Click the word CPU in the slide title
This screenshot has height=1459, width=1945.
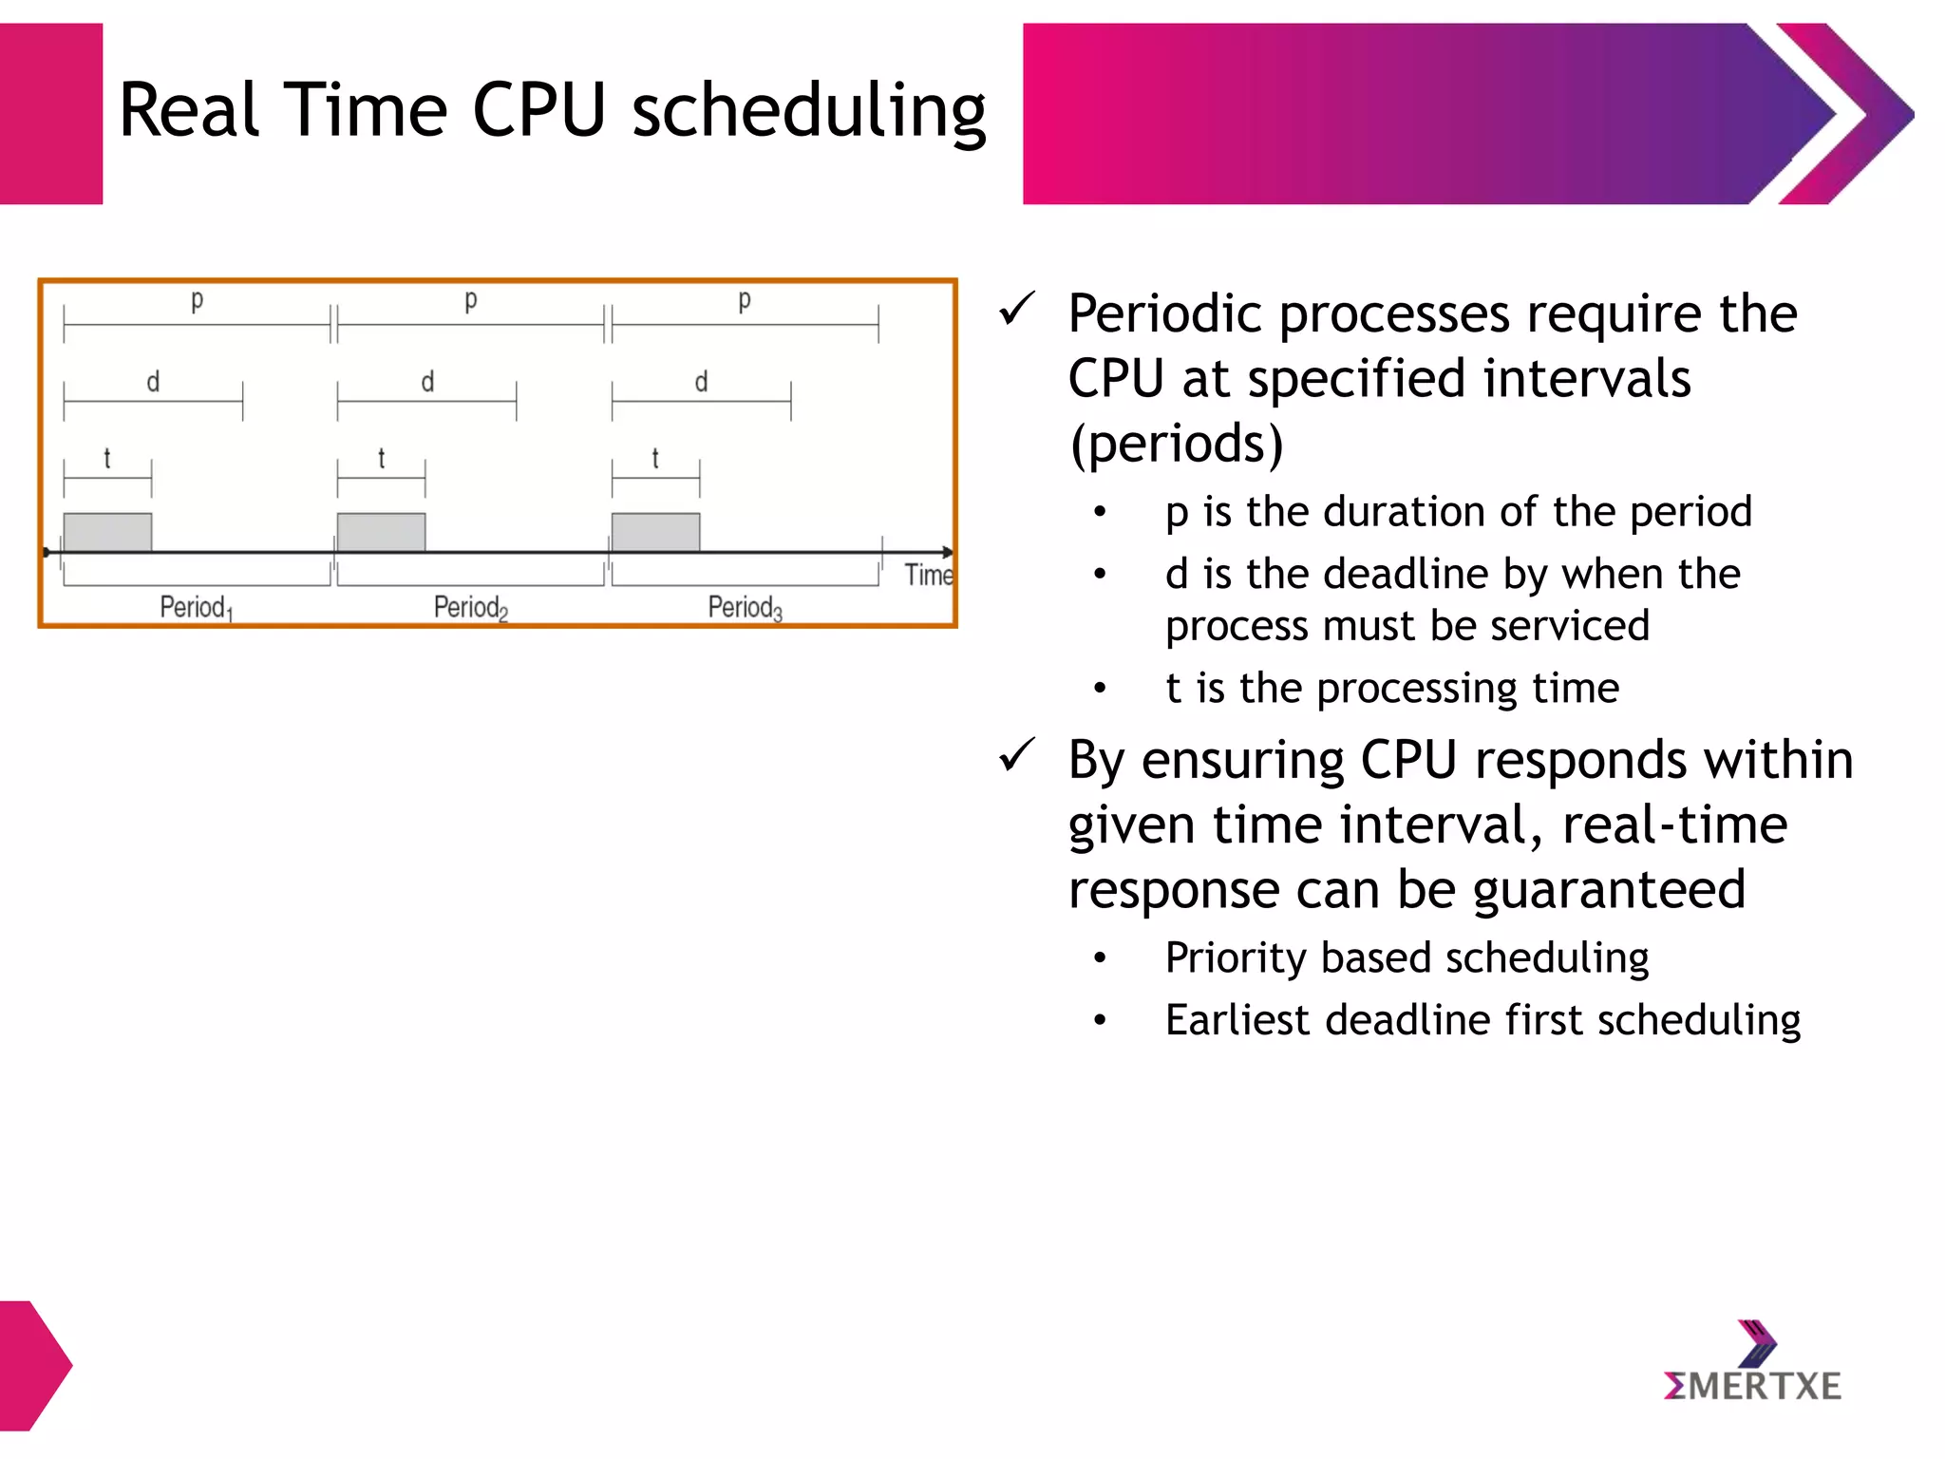[538, 110]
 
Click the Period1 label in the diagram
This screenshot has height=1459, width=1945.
[195, 607]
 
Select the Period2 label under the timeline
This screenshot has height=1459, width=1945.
[470, 607]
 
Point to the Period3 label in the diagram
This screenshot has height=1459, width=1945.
[745, 607]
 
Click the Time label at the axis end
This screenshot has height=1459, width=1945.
[928, 575]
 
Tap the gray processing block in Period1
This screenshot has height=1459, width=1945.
[107, 532]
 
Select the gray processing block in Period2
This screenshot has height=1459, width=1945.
[381, 532]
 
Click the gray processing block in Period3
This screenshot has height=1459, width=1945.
[655, 532]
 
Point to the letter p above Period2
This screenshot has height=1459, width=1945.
[470, 301]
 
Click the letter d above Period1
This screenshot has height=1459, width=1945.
[153, 382]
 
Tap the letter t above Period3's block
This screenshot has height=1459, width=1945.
[655, 459]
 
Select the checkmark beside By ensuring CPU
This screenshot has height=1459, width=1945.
[1016, 756]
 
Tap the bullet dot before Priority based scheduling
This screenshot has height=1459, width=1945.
[1100, 958]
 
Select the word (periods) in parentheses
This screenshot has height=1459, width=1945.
[1176, 445]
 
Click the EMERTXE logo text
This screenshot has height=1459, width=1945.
[1752, 1387]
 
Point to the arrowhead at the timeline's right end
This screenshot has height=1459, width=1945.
[947, 552]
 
